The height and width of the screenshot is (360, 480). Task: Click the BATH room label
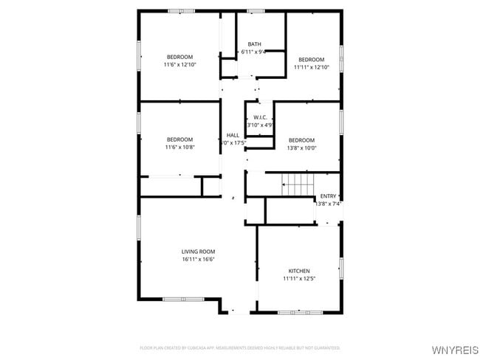pyautogui.click(x=254, y=44)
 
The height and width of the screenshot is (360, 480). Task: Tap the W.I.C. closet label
pyautogui.click(x=260, y=117)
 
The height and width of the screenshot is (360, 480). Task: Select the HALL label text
pyautogui.click(x=233, y=135)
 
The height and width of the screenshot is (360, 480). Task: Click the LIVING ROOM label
pyautogui.click(x=198, y=252)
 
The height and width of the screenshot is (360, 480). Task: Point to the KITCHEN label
pyautogui.click(x=299, y=271)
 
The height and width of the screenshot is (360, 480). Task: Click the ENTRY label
pyautogui.click(x=328, y=195)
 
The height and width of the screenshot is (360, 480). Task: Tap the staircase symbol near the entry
pyautogui.click(x=299, y=184)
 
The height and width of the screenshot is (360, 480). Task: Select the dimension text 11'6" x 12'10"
pyautogui.click(x=179, y=65)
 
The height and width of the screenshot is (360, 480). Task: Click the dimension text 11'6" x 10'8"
pyautogui.click(x=179, y=148)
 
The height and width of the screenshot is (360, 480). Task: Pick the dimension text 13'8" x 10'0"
pyautogui.click(x=301, y=148)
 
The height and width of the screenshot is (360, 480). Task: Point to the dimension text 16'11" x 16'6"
pyautogui.click(x=198, y=260)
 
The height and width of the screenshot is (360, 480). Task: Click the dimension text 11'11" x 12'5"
pyautogui.click(x=299, y=279)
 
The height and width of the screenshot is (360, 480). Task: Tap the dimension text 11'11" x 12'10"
pyautogui.click(x=311, y=67)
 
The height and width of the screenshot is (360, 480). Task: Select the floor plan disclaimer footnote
pyautogui.click(x=240, y=347)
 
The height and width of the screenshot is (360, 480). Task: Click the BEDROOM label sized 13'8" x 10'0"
pyautogui.click(x=301, y=140)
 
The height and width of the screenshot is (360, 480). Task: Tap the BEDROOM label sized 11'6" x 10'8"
pyautogui.click(x=179, y=139)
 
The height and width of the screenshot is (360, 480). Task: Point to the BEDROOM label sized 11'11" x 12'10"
pyautogui.click(x=311, y=59)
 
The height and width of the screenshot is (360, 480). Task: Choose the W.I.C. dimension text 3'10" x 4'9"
pyautogui.click(x=260, y=125)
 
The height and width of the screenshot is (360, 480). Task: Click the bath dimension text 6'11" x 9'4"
pyautogui.click(x=254, y=52)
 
